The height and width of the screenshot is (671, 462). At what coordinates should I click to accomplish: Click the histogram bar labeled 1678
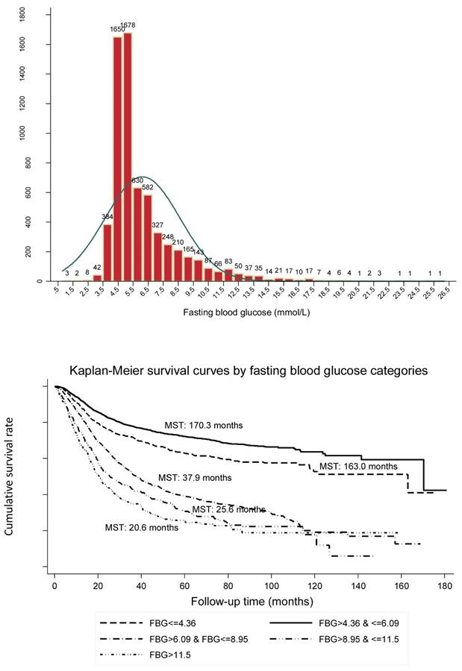pos(128,157)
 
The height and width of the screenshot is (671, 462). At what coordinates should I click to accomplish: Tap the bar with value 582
pos(148,238)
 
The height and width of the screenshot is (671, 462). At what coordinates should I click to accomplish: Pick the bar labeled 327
pos(157,257)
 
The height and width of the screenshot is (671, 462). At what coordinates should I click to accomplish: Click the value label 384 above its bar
pos(107,217)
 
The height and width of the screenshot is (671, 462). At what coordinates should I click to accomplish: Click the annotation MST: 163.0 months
pos(360,465)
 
